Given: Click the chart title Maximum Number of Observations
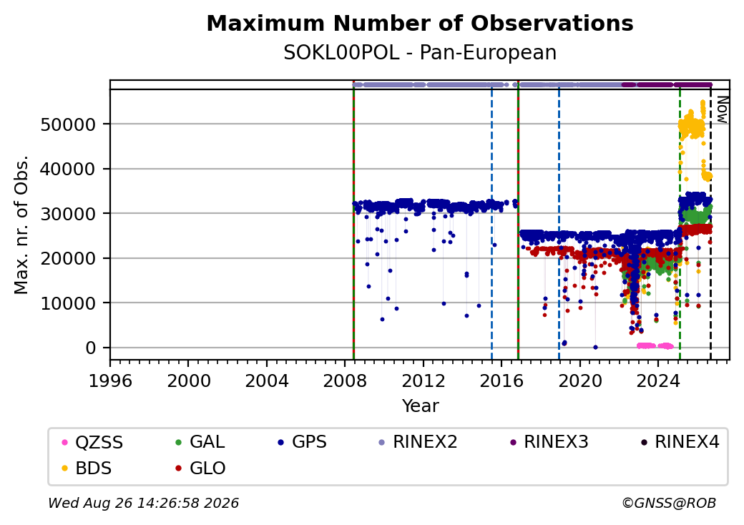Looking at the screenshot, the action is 420,23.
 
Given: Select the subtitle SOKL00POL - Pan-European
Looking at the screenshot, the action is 420,53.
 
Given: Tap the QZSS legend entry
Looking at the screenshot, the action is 92,443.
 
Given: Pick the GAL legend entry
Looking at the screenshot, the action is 200,442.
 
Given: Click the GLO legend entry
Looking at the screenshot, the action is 200,468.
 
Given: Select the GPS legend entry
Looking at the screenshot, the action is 302,442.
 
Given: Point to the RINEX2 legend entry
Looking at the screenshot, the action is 418,442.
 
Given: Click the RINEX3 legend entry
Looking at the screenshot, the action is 549,442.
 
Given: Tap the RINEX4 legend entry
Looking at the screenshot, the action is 680,442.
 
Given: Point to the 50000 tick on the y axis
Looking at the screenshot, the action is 68,124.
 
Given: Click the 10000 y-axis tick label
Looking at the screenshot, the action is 68,303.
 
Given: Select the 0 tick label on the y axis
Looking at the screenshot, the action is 91,348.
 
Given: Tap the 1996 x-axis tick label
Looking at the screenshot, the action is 111,381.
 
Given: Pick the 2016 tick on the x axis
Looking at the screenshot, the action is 501,381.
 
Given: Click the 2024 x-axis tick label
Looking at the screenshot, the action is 658,381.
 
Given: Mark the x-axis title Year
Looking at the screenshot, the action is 421,406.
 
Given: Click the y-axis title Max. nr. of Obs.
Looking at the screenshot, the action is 21,225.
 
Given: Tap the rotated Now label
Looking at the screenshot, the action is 722,109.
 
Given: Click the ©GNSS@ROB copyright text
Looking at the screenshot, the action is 669,503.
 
